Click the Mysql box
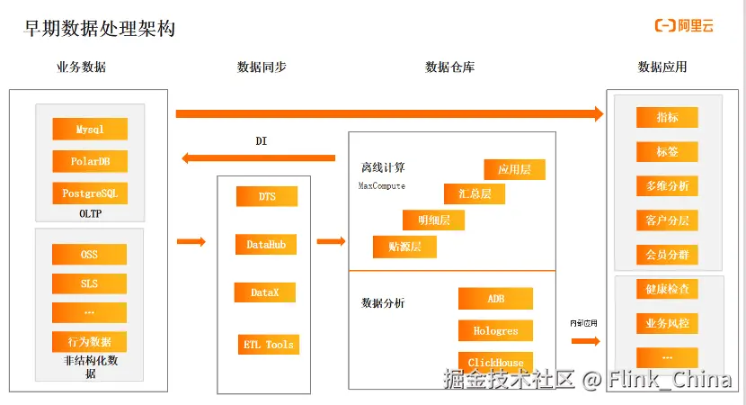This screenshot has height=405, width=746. click(x=90, y=129)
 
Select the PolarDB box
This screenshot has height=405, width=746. click(x=90, y=162)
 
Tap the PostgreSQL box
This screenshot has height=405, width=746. click(x=90, y=193)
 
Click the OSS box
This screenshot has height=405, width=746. click(x=89, y=255)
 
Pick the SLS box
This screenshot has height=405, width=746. click(x=89, y=283)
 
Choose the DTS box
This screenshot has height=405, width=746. click(x=267, y=196)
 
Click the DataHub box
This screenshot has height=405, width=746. click(x=265, y=244)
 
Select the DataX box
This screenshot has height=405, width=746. click(x=265, y=292)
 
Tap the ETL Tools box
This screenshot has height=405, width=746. click(x=268, y=345)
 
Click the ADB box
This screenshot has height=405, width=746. click(x=495, y=299)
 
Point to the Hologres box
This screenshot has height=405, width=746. click(x=495, y=331)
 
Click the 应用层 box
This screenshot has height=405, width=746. click(x=515, y=168)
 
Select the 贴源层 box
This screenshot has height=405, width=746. click(x=404, y=247)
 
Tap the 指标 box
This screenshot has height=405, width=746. click(x=667, y=118)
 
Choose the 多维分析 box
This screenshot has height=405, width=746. click(x=667, y=186)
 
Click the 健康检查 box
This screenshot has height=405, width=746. click(x=667, y=290)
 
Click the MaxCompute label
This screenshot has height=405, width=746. click(x=382, y=186)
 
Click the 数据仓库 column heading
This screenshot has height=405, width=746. click(x=450, y=67)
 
